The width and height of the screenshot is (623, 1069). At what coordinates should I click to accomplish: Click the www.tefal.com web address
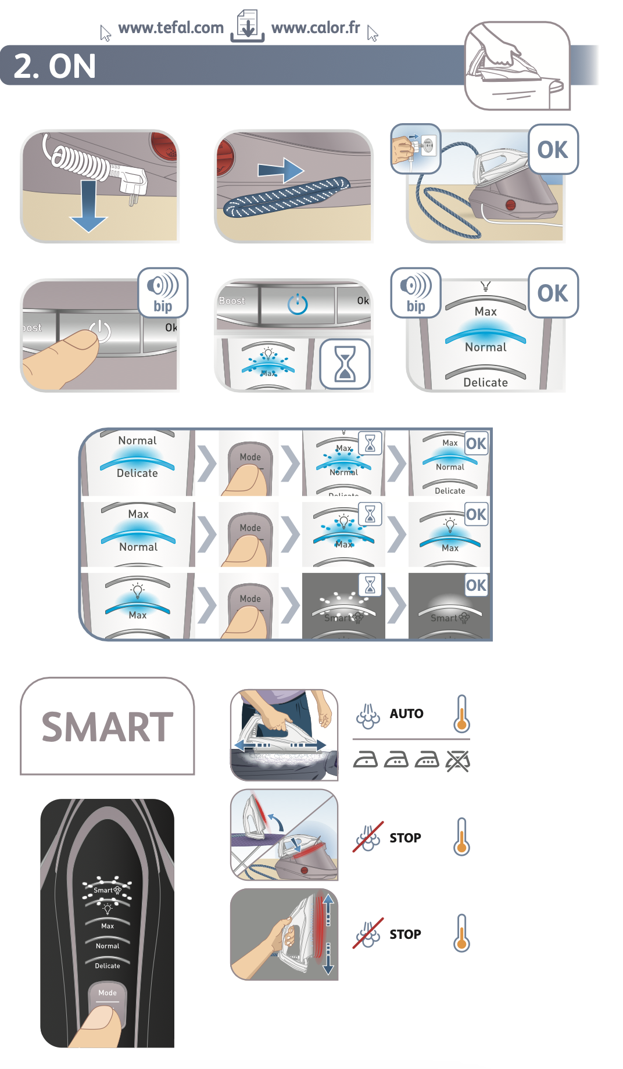pos(170,28)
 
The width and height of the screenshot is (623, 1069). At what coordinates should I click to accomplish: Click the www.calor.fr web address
pos(316,28)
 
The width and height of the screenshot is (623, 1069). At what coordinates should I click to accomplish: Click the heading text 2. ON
pos(55,66)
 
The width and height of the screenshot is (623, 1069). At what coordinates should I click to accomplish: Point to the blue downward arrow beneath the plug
pos(88,207)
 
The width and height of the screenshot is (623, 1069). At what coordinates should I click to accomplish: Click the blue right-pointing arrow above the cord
pos(281,170)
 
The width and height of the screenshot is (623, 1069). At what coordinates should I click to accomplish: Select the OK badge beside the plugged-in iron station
pos(553,150)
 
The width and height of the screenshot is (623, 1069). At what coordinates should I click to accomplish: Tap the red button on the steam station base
pos(510,205)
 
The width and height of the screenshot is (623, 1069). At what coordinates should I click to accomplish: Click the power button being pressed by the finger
pos(100,330)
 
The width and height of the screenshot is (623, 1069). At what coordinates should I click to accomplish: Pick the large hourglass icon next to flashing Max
pos(345,364)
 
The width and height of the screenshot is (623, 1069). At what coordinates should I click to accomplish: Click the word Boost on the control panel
pos(232,301)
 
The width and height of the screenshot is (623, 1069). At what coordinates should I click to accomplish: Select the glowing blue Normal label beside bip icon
pos(486,347)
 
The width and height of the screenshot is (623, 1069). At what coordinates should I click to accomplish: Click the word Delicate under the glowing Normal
pos(486,382)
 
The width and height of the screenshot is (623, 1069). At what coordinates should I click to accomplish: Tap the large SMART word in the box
pos(108,727)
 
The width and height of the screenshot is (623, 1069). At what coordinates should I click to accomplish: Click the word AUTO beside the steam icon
pos(406,713)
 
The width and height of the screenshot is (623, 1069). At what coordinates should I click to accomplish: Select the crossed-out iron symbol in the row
pos(458,760)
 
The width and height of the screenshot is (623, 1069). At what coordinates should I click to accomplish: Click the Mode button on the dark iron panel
pos(107,993)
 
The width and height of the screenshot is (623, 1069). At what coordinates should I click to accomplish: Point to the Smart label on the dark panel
pos(103,890)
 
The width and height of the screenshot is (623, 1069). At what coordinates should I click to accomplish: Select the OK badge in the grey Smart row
pos(476,585)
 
